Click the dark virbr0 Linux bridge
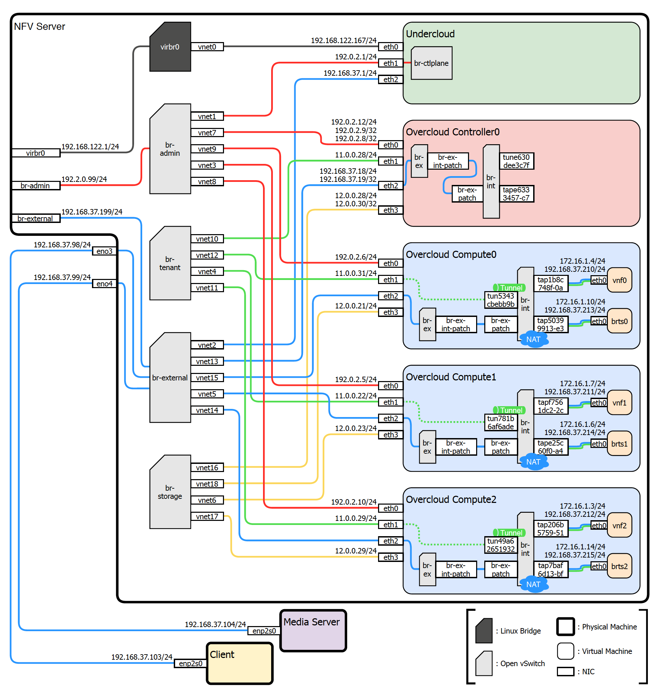pos(170,46)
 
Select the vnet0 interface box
pos(207,46)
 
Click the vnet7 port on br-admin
pos(207,133)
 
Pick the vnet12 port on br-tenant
pos(207,255)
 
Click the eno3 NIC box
pos(104,251)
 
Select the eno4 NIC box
pos(104,284)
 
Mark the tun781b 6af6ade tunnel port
pos(500,422)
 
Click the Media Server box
pos(313,630)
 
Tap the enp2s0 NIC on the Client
pos(190,663)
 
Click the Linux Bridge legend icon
pos(484,630)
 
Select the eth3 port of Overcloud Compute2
pos(390,557)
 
